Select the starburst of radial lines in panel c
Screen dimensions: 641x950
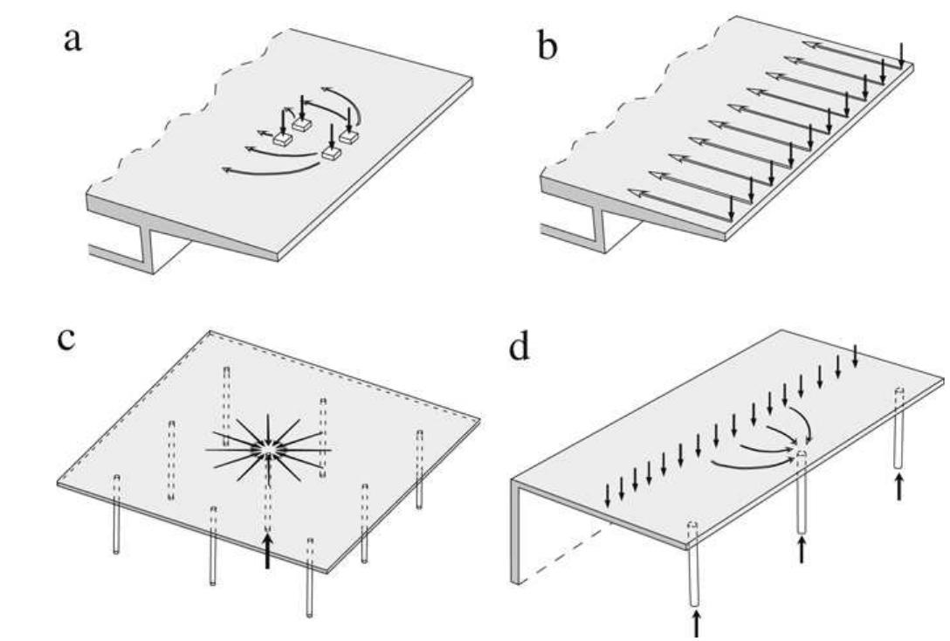coord(268,450)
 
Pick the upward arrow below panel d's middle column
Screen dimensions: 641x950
coord(801,549)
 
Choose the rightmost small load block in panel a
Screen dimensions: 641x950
coord(349,136)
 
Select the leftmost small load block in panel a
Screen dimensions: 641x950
coord(282,139)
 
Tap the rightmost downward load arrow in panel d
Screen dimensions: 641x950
coord(855,355)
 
